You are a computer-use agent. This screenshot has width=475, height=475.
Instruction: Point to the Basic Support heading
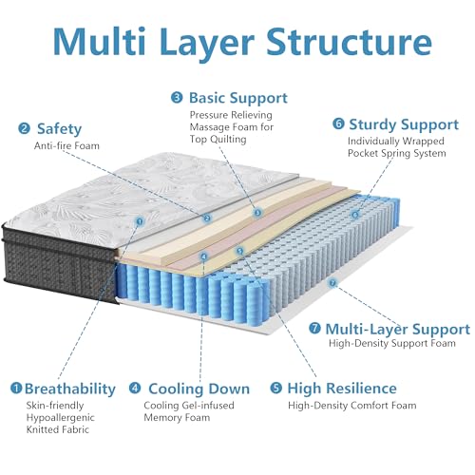pyautogui.click(x=237, y=98)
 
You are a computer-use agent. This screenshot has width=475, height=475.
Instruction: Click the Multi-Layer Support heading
pyautogui.click(x=396, y=330)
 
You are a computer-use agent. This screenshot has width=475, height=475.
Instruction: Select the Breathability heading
pyautogui.click(x=70, y=388)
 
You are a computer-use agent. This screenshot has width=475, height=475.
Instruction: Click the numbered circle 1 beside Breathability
pyautogui.click(x=16, y=389)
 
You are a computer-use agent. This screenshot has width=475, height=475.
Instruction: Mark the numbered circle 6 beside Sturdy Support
pyautogui.click(x=338, y=123)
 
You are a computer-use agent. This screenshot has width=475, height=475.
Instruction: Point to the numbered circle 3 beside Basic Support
pyautogui.click(x=177, y=98)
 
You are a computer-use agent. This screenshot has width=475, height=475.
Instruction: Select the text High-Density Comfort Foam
pyautogui.click(x=351, y=406)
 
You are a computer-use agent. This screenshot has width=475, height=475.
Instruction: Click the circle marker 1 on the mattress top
pyautogui.click(x=140, y=221)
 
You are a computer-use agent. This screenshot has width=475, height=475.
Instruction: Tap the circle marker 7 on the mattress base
pyautogui.click(x=332, y=282)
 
